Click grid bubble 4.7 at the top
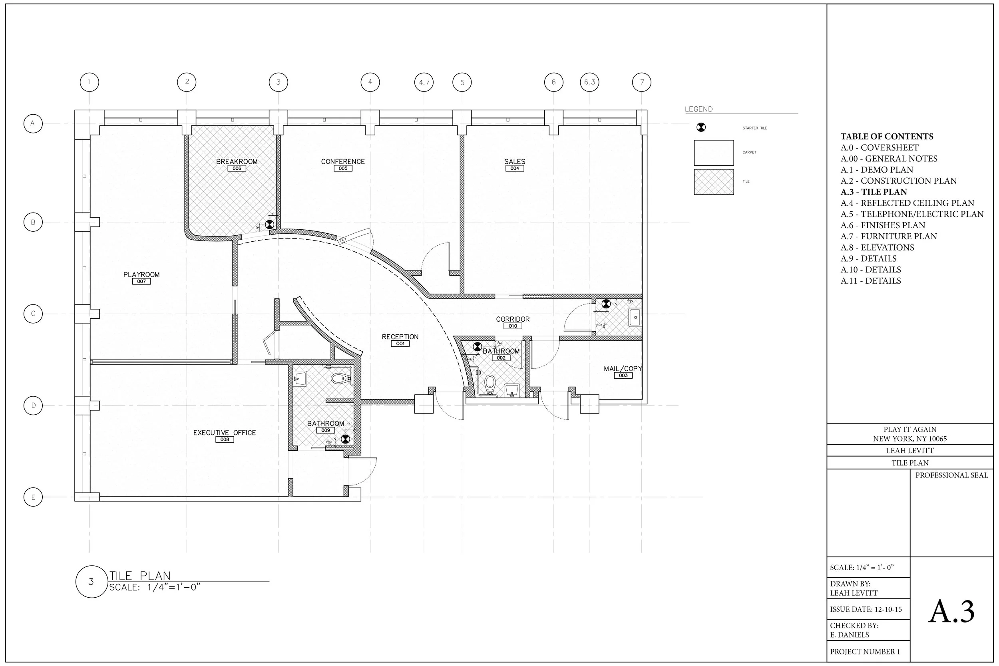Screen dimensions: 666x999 (424, 82)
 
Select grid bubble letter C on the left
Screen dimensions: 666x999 (33, 314)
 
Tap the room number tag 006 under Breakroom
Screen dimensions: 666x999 (237, 169)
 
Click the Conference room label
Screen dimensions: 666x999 (343, 161)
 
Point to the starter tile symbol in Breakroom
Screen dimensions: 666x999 (269, 224)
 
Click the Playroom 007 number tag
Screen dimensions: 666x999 (141, 282)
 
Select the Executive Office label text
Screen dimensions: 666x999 (224, 433)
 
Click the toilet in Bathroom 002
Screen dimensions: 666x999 (491, 384)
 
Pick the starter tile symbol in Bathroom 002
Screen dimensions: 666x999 (478, 347)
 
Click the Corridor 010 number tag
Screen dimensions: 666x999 (513, 326)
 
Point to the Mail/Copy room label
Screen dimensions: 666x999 (623, 369)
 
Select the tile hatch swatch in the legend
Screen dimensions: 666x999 (714, 182)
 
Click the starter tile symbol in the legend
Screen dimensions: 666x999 (701, 127)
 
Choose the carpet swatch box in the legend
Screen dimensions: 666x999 (714, 153)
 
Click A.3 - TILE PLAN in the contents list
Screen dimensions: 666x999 (874, 192)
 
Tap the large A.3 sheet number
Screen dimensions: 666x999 (951, 612)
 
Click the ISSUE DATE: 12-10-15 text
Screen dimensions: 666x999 (866, 610)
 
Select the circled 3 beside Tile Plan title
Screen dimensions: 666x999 (91, 582)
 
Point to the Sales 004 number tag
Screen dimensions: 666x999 (515, 169)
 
